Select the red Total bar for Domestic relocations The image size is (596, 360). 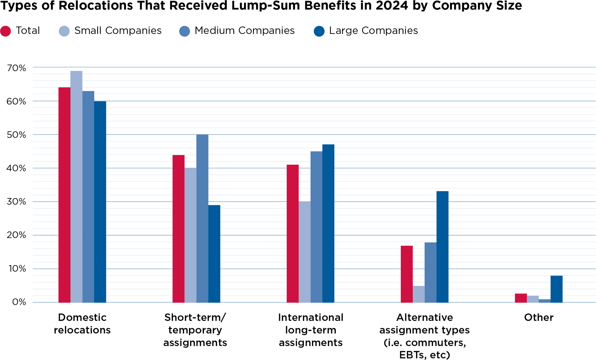tap(64, 195)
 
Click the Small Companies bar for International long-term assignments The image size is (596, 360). tap(305, 252)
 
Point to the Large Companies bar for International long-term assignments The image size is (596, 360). tap(328, 223)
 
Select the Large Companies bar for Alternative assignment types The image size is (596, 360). tap(443, 247)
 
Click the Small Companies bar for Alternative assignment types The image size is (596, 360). tap(419, 294)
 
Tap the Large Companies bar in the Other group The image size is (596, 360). tap(556, 289)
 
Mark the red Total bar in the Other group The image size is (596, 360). tap(521, 298)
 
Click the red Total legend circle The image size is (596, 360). tap(6, 31)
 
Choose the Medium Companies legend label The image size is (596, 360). tap(244, 31)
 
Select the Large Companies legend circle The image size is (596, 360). tap(319, 31)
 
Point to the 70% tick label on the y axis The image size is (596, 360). tap(16, 68)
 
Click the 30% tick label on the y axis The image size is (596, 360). tap(16, 202)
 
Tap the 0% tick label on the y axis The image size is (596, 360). tap(19, 302)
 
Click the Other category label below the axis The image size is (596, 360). tap(539, 317)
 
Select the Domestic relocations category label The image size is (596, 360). tap(82, 324)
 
